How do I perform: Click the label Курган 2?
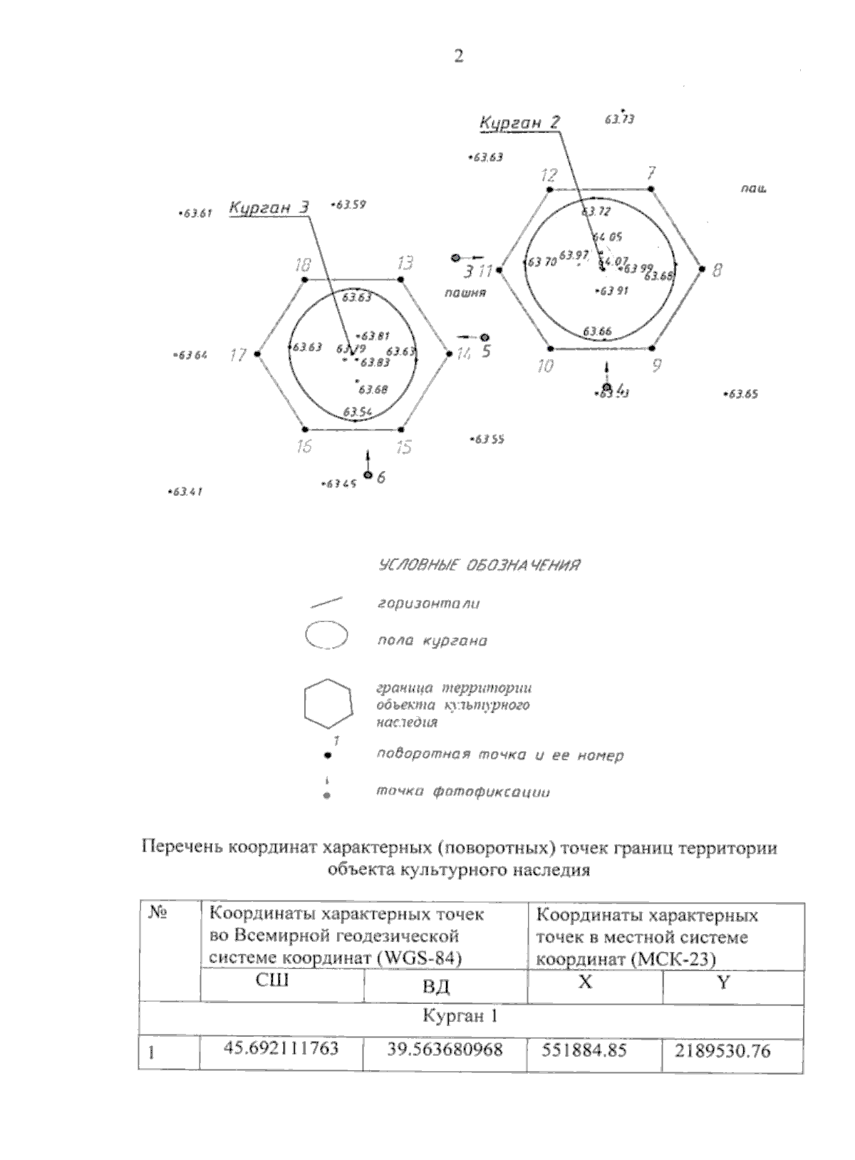(519, 123)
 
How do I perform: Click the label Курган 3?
(269, 208)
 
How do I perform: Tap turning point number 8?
(702, 269)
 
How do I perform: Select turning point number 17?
(257, 353)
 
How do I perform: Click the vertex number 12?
(549, 190)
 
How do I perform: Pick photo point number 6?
(368, 475)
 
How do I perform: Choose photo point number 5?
(484, 337)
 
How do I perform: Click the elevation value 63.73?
(619, 119)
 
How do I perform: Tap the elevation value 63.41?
(187, 492)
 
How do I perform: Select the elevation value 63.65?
(742, 394)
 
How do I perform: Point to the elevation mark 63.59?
(350, 205)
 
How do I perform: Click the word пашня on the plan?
(464, 293)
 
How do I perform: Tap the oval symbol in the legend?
(326, 636)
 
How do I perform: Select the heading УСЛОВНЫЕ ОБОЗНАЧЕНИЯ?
(477, 566)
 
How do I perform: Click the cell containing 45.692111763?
(281, 1050)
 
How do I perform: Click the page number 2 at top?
(458, 57)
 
